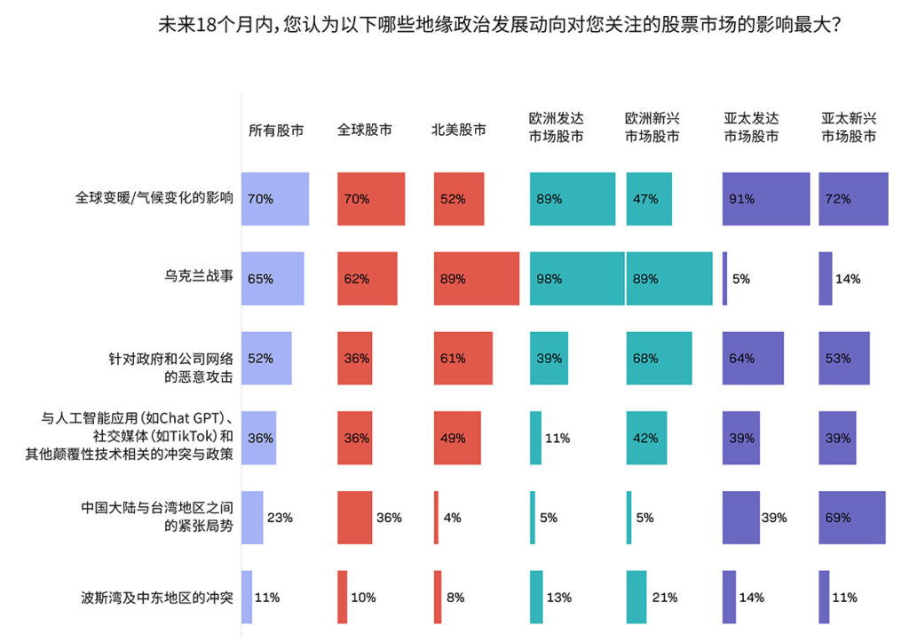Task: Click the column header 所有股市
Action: point(276,130)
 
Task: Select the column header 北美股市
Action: point(459,130)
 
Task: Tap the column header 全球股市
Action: point(365,130)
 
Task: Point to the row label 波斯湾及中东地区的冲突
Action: point(157,598)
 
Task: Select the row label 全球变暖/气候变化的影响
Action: point(154,199)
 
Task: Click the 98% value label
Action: point(549,279)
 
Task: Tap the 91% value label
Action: point(742,199)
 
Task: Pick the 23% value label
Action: point(280,518)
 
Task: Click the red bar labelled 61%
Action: point(463,358)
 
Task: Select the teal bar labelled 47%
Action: point(649,199)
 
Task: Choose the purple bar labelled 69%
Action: point(852,518)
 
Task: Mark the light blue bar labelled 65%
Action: point(273,279)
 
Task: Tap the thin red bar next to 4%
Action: point(436,518)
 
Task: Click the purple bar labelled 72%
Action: point(853,199)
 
